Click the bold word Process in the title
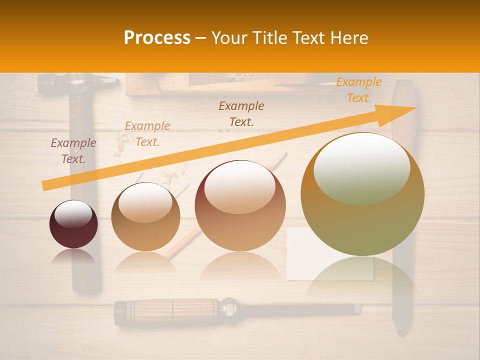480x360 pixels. coord(157,38)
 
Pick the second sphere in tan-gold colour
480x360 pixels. coord(145,217)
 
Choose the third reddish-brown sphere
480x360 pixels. coord(240,206)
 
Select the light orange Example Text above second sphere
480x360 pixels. coord(147,133)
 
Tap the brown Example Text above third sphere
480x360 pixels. coord(241,113)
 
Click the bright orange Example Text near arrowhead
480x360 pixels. coord(359,89)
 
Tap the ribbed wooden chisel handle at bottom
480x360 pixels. coord(165,310)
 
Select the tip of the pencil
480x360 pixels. coord(285,154)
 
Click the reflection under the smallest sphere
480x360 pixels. coord(73,257)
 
